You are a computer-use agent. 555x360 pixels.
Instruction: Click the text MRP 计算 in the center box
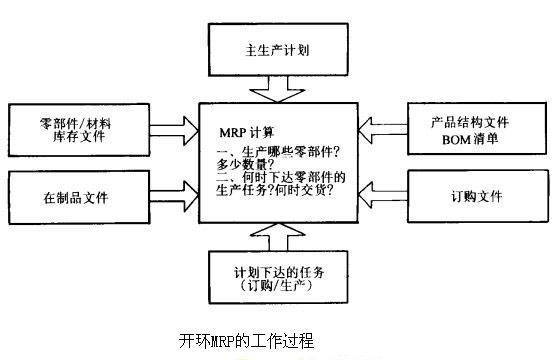[249, 132]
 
